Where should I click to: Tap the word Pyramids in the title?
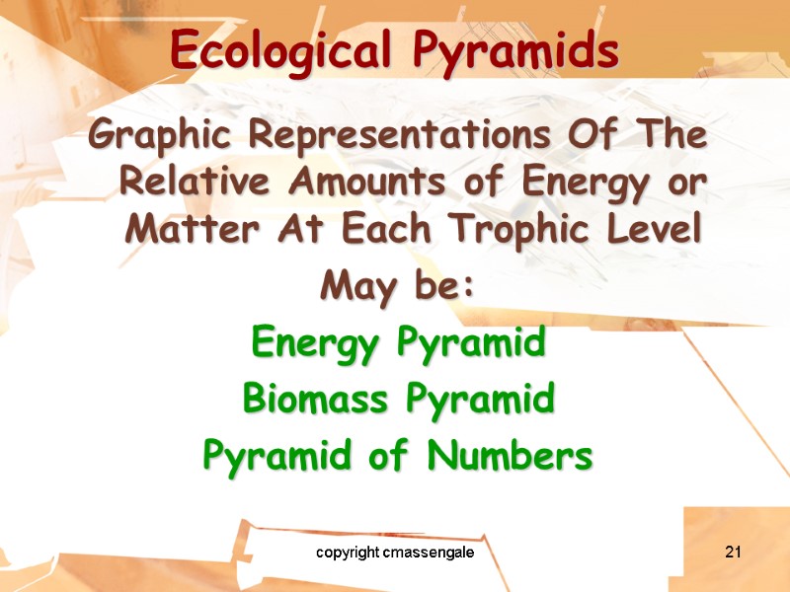[514, 48]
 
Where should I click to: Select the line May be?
[398, 288]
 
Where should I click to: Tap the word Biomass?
[307, 401]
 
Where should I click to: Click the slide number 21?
[732, 552]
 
